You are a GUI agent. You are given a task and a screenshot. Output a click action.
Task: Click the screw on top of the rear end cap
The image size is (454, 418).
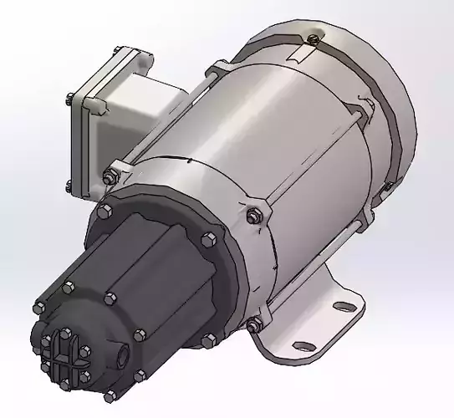pyautogui.click(x=312, y=38)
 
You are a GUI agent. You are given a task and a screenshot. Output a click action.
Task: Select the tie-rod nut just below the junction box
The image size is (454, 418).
pyautogui.click(x=110, y=176)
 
